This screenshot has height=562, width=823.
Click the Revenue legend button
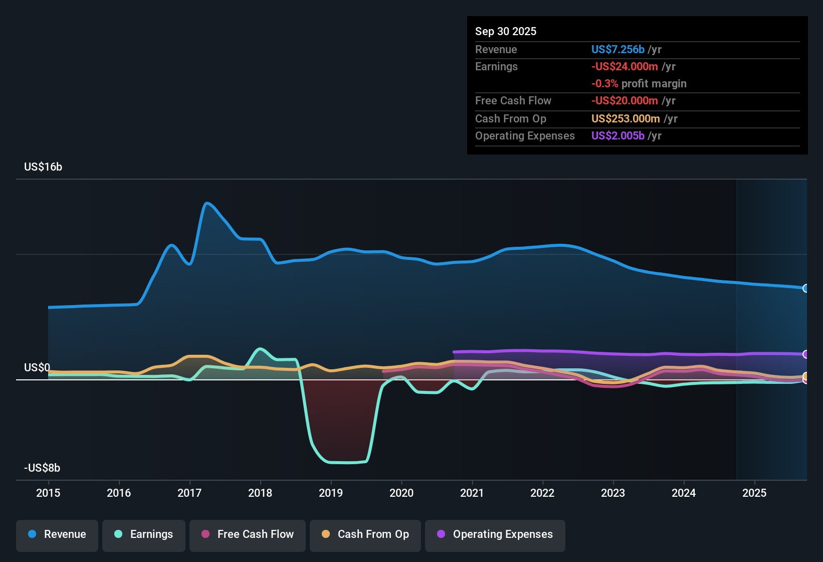(x=57, y=534)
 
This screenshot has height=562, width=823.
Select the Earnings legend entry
(x=144, y=534)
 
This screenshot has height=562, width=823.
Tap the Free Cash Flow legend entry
(x=248, y=534)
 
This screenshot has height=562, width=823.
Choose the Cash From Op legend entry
(x=365, y=534)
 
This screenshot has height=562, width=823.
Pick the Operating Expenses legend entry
(x=495, y=534)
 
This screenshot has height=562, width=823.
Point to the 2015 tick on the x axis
(x=48, y=493)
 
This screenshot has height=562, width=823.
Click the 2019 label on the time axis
(x=331, y=493)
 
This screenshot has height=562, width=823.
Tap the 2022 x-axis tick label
(x=542, y=493)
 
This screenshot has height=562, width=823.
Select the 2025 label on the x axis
(x=754, y=493)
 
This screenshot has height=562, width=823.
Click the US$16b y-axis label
(x=43, y=167)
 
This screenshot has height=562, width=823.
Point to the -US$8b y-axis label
(x=42, y=468)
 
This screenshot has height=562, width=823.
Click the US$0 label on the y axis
(x=37, y=368)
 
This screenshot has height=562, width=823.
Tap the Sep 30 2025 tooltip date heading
(x=506, y=32)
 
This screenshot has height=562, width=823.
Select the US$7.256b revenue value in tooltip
(x=618, y=50)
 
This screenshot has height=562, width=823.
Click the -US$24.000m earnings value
(x=625, y=67)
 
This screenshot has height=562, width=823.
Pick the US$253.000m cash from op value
(x=626, y=119)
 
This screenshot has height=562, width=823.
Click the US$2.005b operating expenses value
(x=618, y=136)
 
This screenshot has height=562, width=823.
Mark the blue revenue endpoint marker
(x=806, y=288)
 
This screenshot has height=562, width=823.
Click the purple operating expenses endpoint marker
(x=806, y=354)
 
